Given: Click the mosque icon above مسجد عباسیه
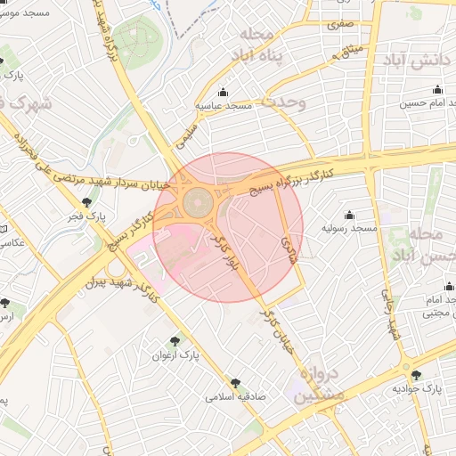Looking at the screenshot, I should pyautogui.click(x=223, y=93).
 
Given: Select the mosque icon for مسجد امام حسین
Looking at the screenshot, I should pyautogui.click(x=437, y=89).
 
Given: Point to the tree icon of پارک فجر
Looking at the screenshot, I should pyautogui.click(x=86, y=202).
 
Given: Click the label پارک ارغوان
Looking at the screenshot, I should pyautogui.click(x=175, y=354).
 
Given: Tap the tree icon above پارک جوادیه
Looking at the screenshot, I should pyautogui.click(x=417, y=375).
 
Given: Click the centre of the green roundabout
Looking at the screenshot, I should pyautogui.click(x=199, y=199).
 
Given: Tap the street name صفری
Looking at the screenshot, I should pyautogui.click(x=339, y=25).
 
